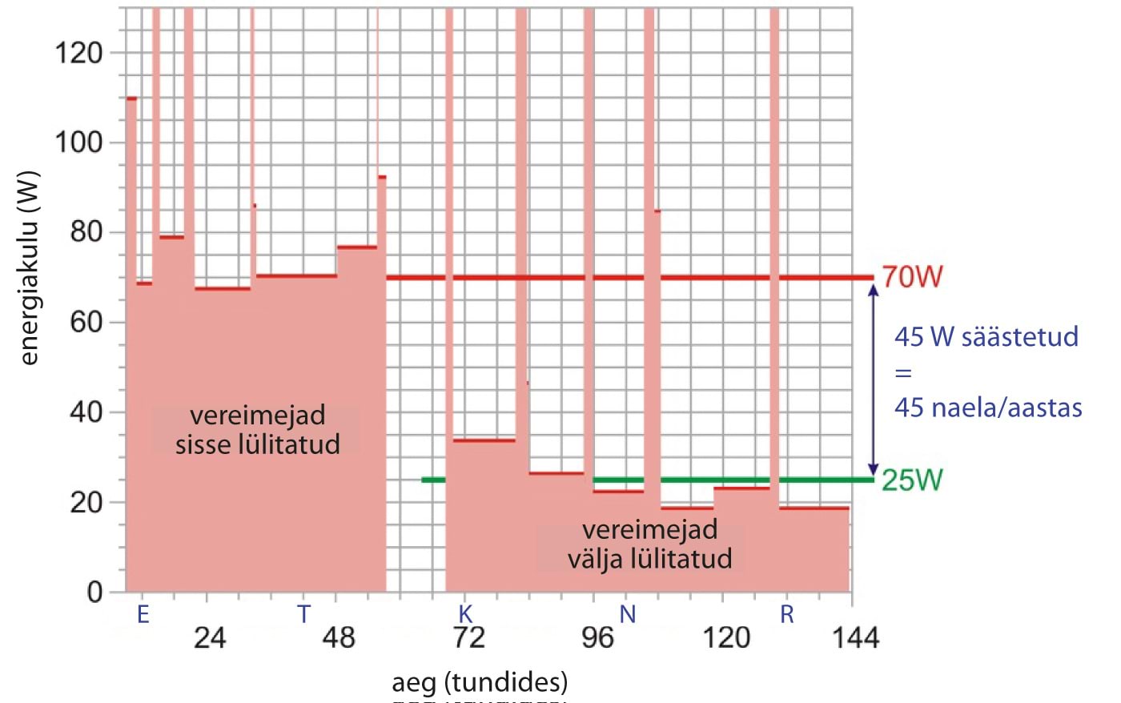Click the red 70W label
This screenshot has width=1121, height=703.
[x=912, y=277]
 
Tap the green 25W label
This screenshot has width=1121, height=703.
[x=912, y=480]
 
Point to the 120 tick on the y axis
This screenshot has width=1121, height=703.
[x=78, y=54]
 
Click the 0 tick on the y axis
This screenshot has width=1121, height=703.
[x=94, y=593]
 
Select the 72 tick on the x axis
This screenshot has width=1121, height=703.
[x=468, y=637]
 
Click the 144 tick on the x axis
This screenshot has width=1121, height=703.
[x=855, y=637]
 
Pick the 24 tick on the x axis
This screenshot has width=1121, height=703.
[x=210, y=637]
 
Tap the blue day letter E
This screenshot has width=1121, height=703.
[x=143, y=614]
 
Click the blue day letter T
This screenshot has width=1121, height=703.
[x=303, y=614]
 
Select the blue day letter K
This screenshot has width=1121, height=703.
[x=465, y=614]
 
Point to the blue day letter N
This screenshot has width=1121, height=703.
[x=628, y=614]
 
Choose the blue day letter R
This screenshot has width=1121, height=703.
[x=787, y=614]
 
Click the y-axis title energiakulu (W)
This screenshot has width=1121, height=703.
[x=30, y=267]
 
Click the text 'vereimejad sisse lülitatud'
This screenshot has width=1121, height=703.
[x=257, y=430]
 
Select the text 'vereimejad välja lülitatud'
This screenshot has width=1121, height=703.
[x=649, y=544]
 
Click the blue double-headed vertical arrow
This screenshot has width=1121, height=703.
[x=874, y=379]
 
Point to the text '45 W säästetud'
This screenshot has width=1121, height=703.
[x=986, y=336]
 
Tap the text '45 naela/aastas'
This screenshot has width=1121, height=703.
[x=987, y=408]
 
